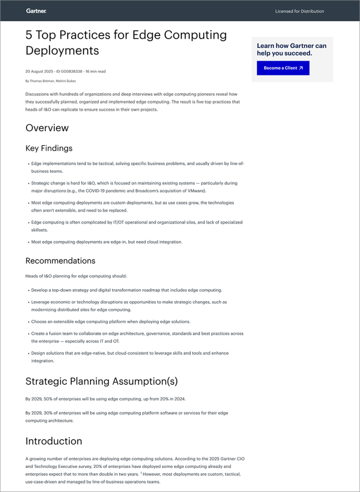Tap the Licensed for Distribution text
299,11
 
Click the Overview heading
47,128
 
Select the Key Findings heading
49,148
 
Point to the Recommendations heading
61,260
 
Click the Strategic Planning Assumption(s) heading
101,381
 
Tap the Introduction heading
54,441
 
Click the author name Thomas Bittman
42,81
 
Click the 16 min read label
95,72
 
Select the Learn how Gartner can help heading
292,49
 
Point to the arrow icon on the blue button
301,68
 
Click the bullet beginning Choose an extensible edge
111,321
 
